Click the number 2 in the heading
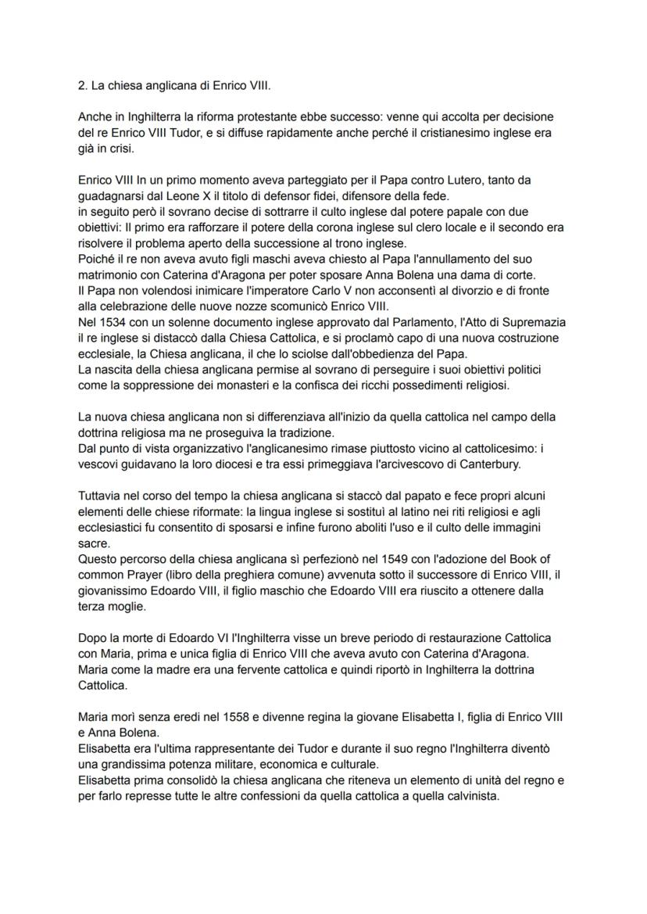[81, 85]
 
